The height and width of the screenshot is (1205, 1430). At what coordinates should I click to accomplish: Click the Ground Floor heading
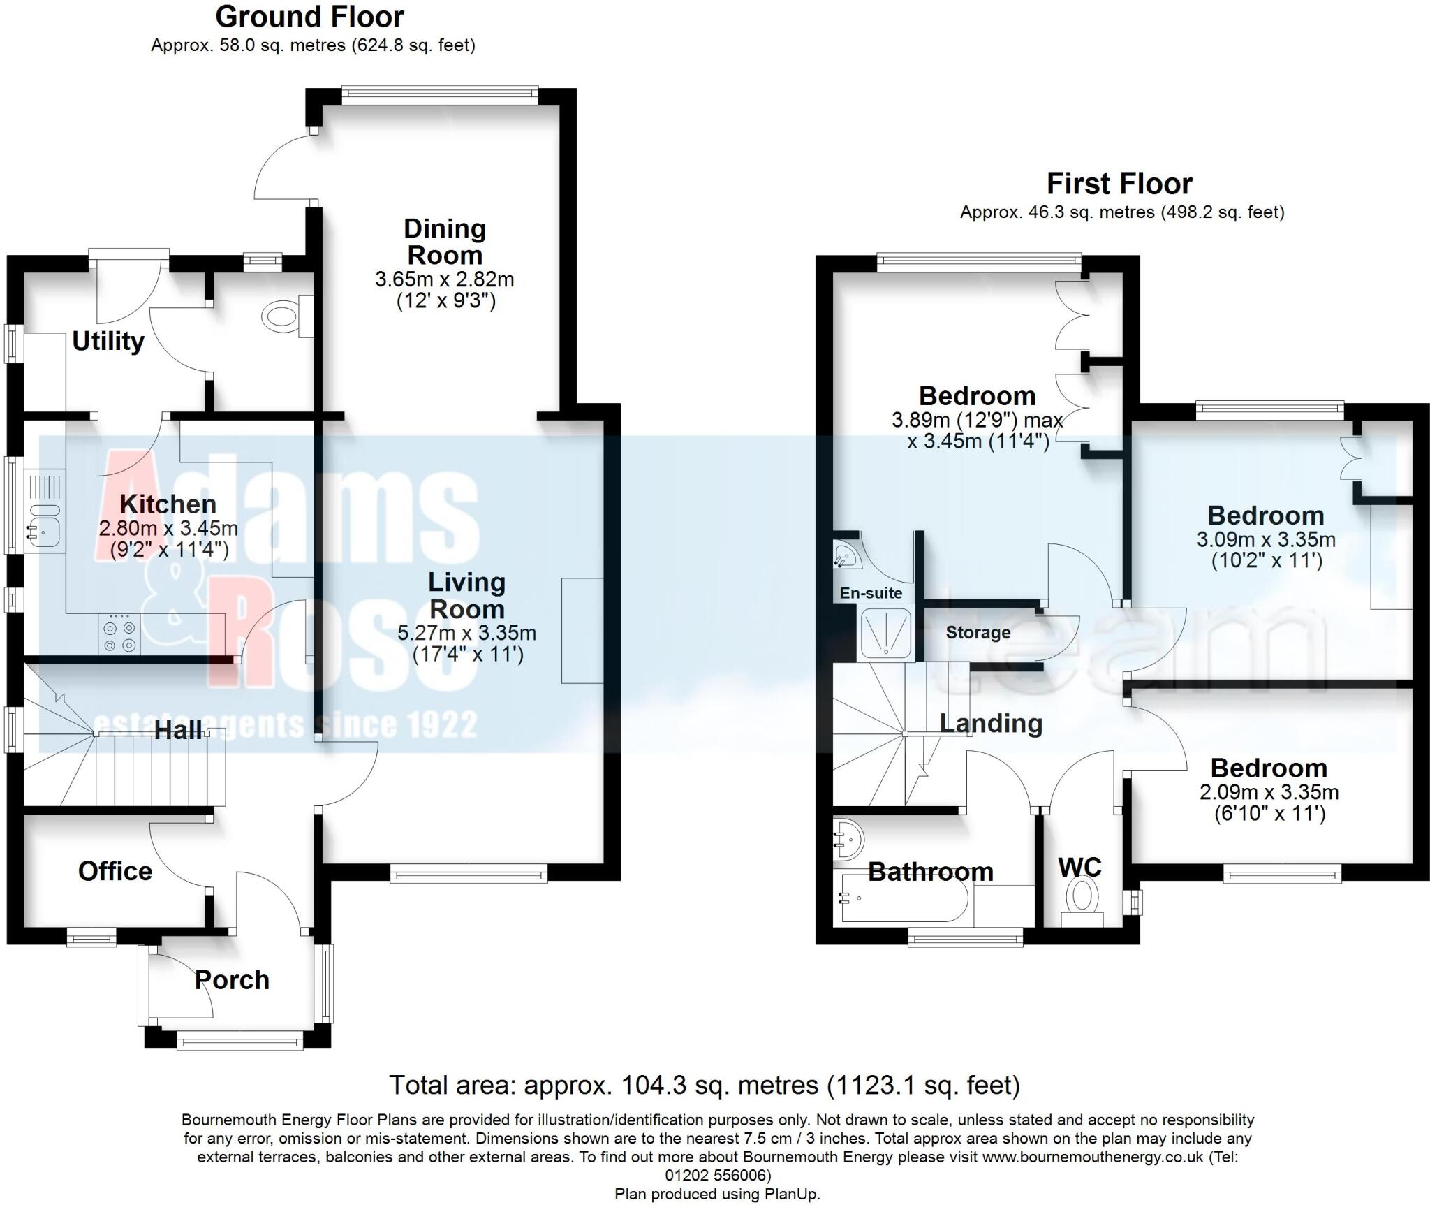pos(309,17)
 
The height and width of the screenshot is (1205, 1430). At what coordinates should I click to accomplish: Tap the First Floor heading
pos(1119,184)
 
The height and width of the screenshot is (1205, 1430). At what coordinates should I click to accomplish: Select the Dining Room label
pos(445,241)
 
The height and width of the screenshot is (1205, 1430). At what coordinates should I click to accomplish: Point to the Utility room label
pos(108,341)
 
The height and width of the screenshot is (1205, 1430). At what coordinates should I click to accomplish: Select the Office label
pos(115,871)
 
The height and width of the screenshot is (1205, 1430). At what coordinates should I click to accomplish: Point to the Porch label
pos(232,980)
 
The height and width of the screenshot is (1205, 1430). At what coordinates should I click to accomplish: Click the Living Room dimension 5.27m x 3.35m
pos(466,634)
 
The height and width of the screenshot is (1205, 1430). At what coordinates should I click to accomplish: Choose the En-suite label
pos(871,593)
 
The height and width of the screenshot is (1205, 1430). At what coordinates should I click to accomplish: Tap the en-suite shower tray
pos(885,634)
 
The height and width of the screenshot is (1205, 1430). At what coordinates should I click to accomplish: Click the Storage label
pos(978,632)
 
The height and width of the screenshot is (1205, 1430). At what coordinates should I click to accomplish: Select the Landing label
pos(991,723)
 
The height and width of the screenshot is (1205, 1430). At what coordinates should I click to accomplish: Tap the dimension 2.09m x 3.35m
pos(1269,792)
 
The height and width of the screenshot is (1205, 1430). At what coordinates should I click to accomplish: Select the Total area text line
pos(704,1086)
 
